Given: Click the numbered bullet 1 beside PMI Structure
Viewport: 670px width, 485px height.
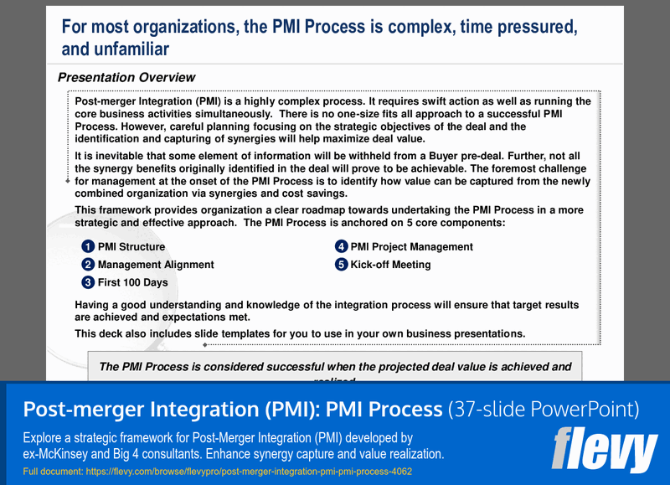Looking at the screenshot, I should coord(88,247).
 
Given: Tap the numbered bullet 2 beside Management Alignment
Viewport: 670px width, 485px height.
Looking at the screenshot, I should coord(88,265).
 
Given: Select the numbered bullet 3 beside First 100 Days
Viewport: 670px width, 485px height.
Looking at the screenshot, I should coord(88,283).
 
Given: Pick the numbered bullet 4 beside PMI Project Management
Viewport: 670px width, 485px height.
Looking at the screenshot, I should coord(341,247).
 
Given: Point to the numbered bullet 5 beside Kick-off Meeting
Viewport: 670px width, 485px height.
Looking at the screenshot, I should coord(341,265).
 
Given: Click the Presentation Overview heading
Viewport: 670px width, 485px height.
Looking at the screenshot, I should coord(126,78).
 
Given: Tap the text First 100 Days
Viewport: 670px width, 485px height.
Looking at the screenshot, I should coord(133,283).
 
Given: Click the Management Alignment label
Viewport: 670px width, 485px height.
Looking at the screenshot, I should coord(156,265).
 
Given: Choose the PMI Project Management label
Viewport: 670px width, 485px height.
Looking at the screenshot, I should coord(411,247).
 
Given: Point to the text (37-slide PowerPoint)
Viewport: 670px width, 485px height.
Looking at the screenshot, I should coord(544,410).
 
